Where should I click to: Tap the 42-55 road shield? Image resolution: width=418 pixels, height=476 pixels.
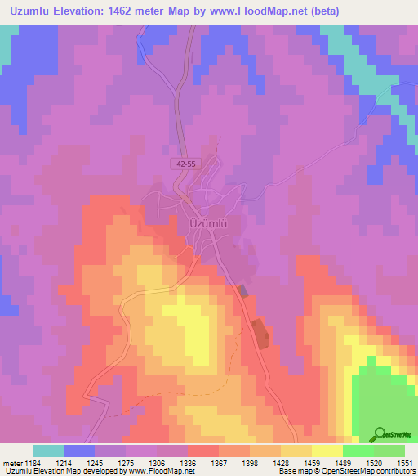185,164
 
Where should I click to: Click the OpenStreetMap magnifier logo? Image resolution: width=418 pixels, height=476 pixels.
380,435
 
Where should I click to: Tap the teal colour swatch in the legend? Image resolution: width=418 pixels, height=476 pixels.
48,450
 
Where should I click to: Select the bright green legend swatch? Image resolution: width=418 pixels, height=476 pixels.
358,450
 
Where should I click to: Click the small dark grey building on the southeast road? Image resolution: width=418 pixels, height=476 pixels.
243,290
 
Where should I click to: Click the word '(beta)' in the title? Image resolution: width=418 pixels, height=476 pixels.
320,11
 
